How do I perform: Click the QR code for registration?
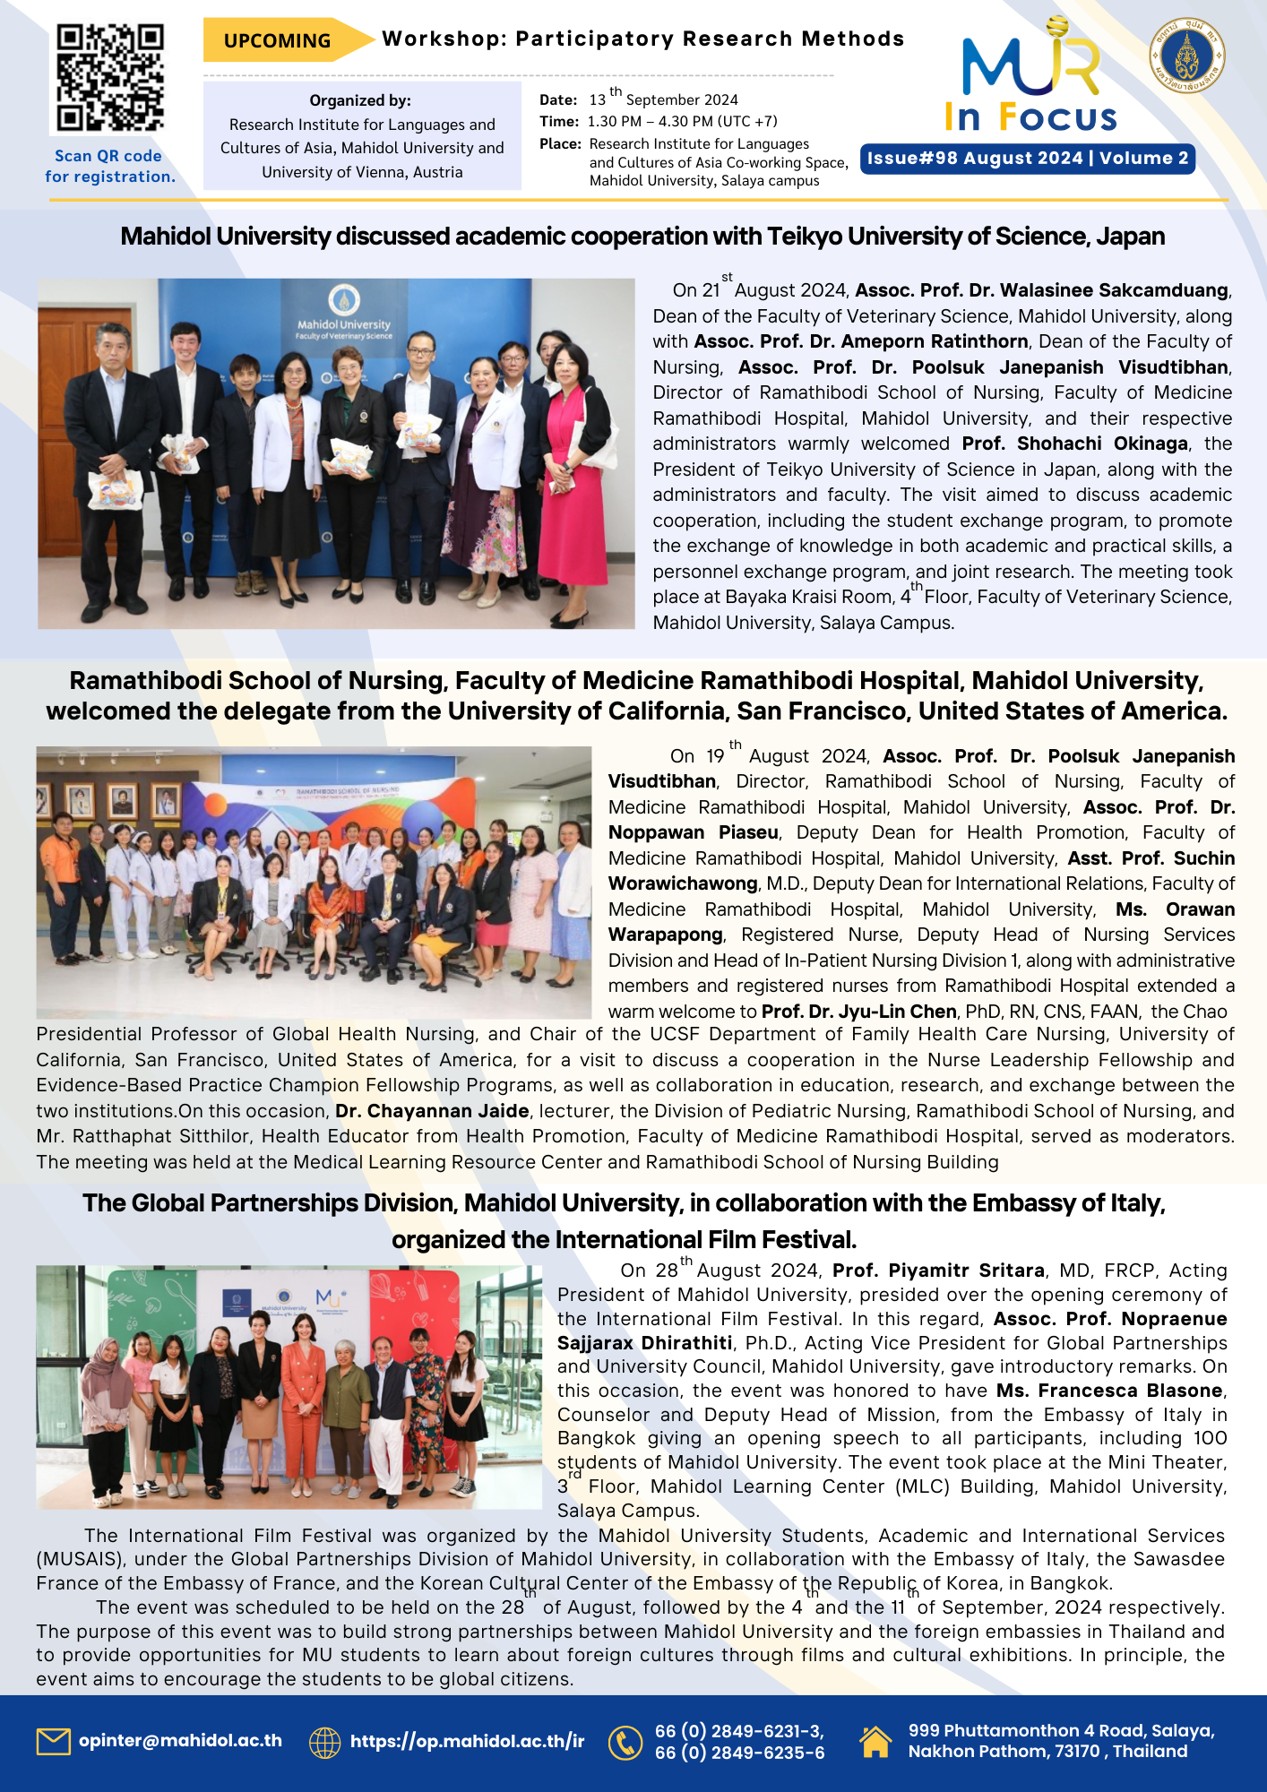(110, 79)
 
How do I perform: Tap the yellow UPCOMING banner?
(280, 40)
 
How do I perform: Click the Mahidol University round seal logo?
(1186, 56)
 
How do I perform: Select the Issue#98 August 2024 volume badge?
(1027, 159)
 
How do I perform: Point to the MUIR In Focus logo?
(1031, 81)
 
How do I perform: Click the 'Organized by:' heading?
(360, 100)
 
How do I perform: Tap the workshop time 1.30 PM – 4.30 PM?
(682, 122)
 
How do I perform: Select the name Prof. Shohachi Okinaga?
(1074, 444)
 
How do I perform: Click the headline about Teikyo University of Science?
(642, 237)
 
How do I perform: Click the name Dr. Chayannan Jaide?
(432, 1111)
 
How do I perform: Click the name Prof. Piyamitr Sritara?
(938, 1271)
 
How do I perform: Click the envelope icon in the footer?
(54, 1741)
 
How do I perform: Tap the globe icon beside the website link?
(324, 1743)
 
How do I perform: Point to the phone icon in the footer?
(625, 1743)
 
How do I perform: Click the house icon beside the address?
(875, 1741)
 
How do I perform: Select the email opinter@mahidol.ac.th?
(180, 1741)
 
